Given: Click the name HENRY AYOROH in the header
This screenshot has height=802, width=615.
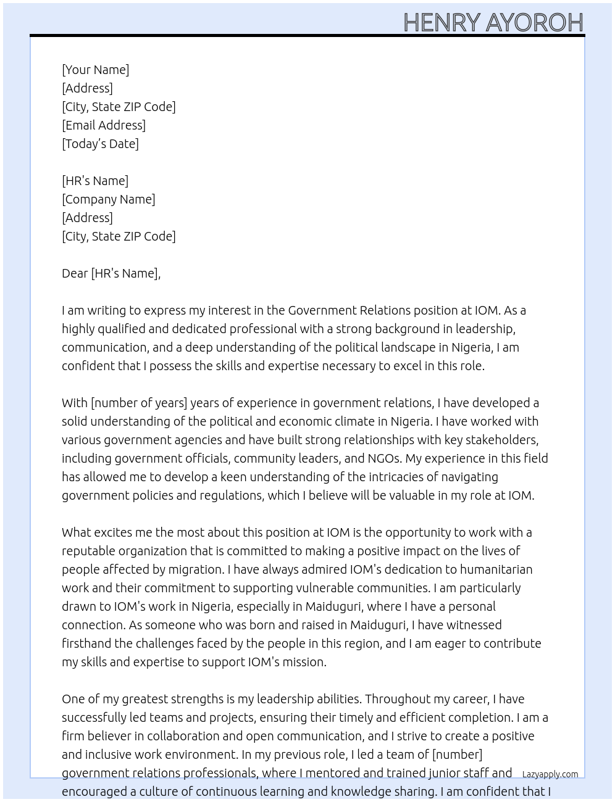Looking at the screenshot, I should click(493, 22).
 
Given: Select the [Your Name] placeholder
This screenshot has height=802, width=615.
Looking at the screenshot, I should click(95, 70).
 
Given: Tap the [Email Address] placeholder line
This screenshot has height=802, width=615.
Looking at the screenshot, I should click(104, 125).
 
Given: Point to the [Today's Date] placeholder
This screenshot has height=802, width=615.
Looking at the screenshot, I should click(100, 144).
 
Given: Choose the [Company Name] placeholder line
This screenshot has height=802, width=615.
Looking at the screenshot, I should click(109, 199).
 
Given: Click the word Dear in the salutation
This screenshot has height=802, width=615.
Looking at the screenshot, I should click(75, 273).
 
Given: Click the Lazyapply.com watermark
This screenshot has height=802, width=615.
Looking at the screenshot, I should click(550, 774).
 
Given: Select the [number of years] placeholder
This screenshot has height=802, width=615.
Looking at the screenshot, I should click(139, 403).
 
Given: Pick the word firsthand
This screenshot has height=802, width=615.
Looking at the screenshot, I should click(86, 643).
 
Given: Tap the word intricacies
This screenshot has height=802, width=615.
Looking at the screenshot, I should click(408, 477).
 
